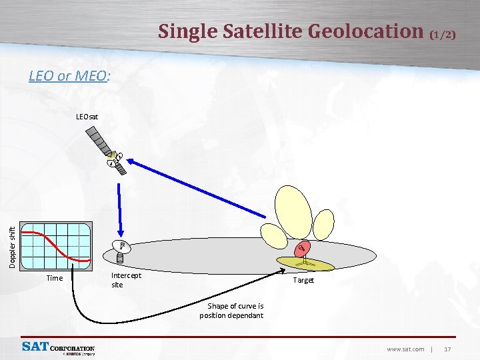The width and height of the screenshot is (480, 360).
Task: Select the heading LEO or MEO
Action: (69, 76)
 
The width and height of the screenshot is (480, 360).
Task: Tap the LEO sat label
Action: (87, 117)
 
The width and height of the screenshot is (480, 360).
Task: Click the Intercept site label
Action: (125, 279)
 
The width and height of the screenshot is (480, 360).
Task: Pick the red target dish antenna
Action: (302, 249)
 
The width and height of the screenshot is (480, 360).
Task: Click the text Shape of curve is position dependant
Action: (231, 311)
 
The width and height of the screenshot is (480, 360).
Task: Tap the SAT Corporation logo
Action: (58, 347)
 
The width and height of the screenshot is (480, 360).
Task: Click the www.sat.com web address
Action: (405, 349)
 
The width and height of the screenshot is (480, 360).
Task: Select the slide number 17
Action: (447, 349)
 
